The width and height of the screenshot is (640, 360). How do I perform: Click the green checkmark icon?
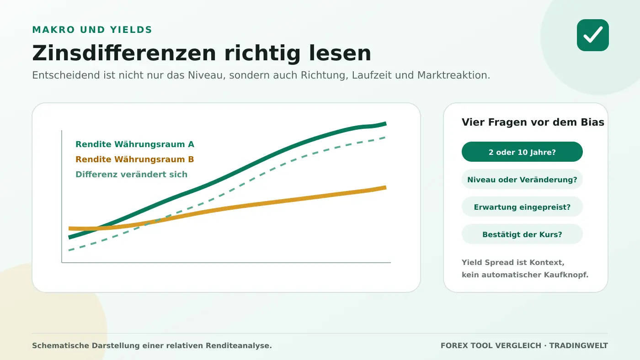[x=592, y=35]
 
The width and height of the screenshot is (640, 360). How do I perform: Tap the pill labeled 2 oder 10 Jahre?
[x=522, y=152]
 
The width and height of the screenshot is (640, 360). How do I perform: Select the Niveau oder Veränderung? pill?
[x=522, y=179]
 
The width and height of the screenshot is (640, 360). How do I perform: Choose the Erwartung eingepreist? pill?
[x=522, y=206]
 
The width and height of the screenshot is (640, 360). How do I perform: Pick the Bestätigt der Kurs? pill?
[x=522, y=234]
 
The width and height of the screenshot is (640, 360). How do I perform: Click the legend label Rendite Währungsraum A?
[x=135, y=144]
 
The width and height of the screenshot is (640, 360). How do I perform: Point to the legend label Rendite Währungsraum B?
[x=134, y=159]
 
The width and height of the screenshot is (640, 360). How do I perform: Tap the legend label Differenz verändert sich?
[x=132, y=174]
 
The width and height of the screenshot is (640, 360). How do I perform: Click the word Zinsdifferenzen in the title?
[x=124, y=53]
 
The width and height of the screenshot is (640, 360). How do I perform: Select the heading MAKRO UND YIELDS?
[x=92, y=30]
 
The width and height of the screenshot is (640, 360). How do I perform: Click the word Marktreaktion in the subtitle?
[x=453, y=75]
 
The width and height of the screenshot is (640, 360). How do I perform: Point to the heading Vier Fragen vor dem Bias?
[x=533, y=122]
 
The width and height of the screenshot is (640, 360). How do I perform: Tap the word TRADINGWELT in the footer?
[x=579, y=345]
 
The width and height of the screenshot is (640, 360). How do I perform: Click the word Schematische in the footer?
[x=60, y=345]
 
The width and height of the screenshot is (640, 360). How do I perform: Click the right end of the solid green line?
[x=386, y=124]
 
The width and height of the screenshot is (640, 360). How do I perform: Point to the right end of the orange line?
[x=386, y=188]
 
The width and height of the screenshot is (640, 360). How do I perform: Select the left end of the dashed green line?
[x=69, y=250]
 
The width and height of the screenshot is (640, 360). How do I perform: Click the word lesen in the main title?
[x=340, y=53]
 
